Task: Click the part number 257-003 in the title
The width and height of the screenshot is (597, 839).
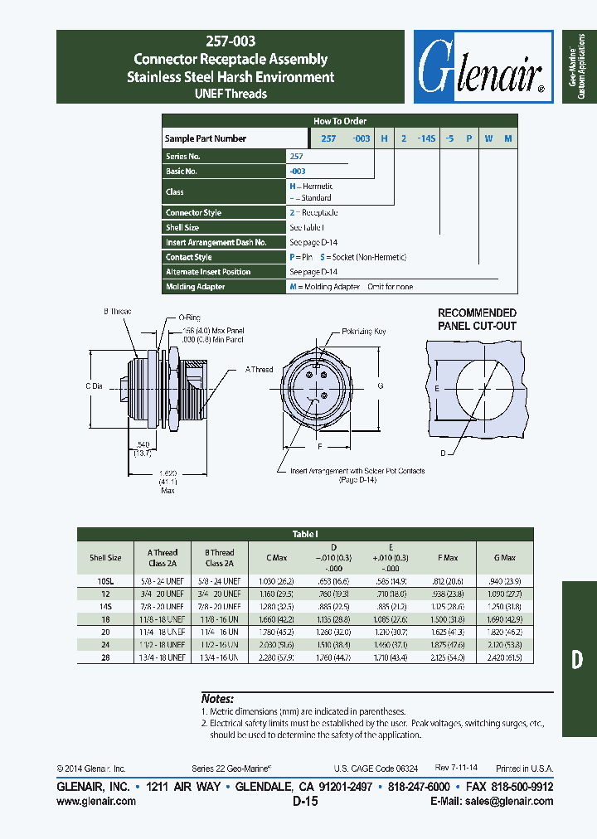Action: [x=231, y=41]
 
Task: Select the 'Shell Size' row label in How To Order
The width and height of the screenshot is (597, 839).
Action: [x=182, y=227]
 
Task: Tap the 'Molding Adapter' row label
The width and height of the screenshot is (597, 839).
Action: [x=196, y=287]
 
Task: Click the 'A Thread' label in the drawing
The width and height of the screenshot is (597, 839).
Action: [x=259, y=370]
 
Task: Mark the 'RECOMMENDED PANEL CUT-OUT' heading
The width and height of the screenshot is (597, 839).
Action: [x=477, y=319]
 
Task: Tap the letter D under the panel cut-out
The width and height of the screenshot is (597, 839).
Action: [x=444, y=453]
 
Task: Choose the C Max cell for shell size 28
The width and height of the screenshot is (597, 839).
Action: [x=274, y=658]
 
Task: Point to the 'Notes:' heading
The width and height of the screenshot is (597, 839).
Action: [x=217, y=699]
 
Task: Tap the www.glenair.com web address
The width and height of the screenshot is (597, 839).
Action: [x=95, y=802]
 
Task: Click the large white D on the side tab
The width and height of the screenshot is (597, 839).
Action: [x=578, y=660]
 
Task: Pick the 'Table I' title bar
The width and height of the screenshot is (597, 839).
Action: [x=305, y=535]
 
